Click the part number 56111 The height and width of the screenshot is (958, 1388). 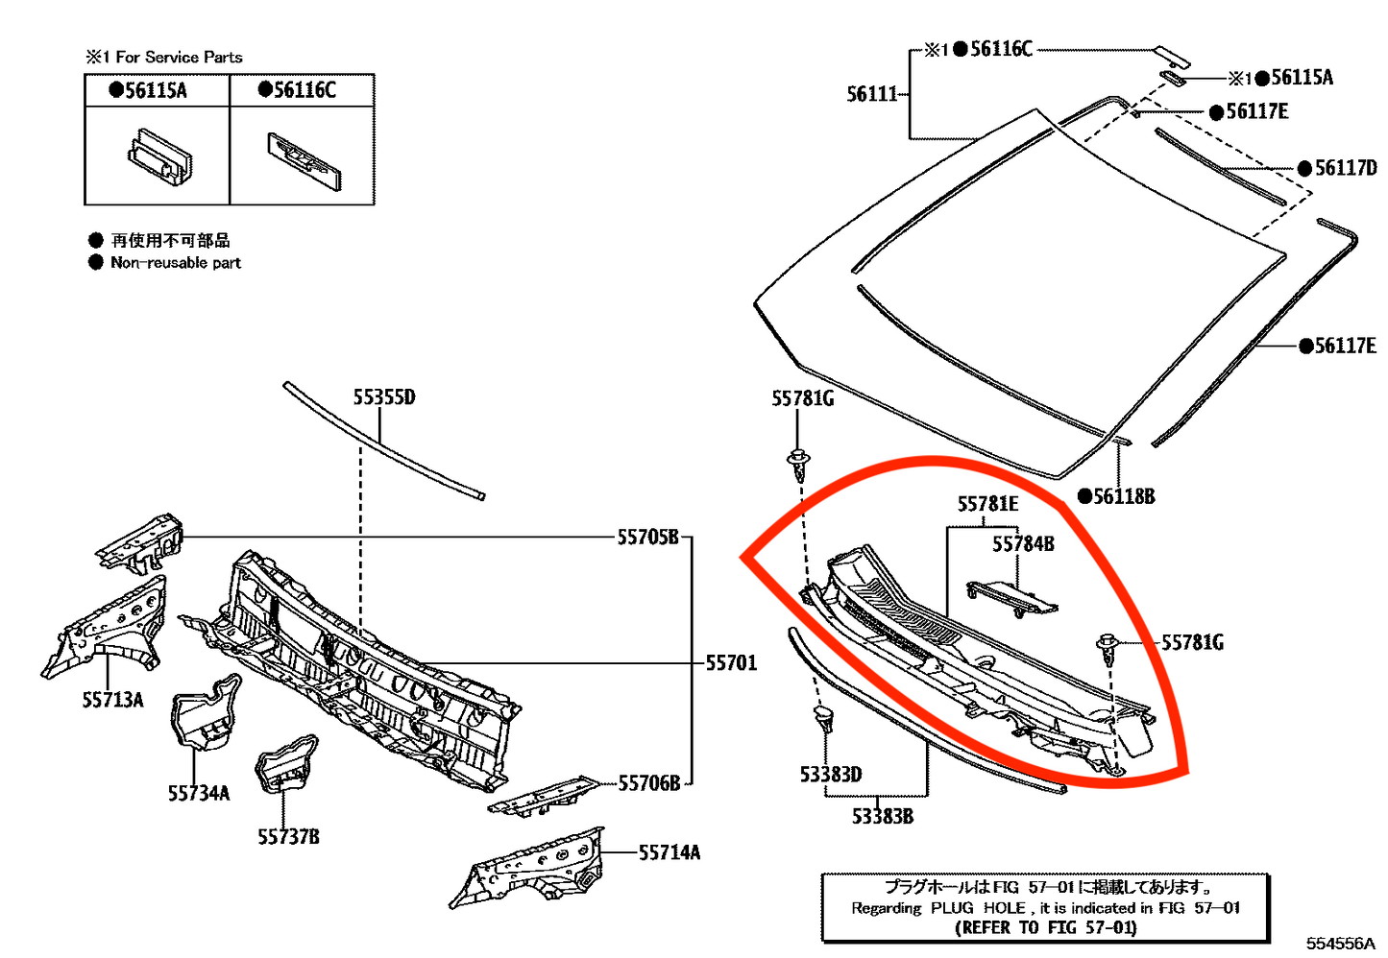tap(871, 94)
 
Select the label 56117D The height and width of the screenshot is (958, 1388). tap(1345, 168)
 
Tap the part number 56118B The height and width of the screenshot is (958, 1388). tap(1124, 496)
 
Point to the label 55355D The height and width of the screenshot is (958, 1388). tap(384, 397)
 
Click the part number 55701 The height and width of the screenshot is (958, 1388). tap(731, 663)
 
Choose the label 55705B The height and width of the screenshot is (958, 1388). tap(647, 538)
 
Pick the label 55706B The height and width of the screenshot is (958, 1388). tap(649, 783)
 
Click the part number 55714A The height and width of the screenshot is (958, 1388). tap(670, 852)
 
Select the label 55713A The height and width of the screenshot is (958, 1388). tap(112, 700)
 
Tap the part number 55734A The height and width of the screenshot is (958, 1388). tap(199, 793)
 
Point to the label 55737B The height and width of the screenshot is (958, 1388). tap(288, 837)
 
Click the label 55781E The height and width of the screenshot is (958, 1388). tap(987, 504)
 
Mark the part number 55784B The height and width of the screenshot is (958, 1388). tap(1023, 544)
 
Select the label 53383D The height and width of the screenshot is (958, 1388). tap(831, 774)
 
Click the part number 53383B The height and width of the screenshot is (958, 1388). tap(883, 816)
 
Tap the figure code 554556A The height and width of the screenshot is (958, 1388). tap(1341, 944)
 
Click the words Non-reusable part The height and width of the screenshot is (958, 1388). tap(176, 263)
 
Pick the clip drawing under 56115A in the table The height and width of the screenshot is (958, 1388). tap(159, 156)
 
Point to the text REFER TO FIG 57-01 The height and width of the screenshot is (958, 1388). tap(1045, 927)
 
